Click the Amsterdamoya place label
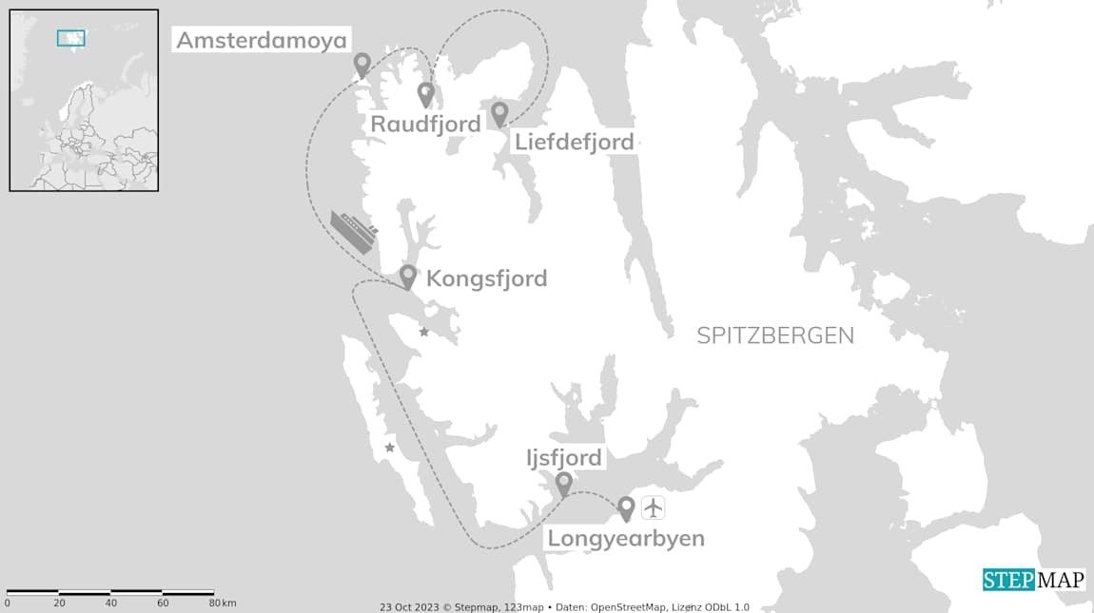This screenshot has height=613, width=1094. point(262,41)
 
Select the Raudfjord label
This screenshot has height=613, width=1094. point(425,125)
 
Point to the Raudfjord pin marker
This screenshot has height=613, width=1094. point(426,93)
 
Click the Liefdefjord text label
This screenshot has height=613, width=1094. point(574,143)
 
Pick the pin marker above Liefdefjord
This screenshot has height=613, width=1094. point(499,113)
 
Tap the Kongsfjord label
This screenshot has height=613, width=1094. point(486,278)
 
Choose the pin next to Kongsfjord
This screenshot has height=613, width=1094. point(408,276)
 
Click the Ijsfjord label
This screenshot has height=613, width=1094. point(564,458)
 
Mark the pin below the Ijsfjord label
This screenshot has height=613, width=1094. point(564,484)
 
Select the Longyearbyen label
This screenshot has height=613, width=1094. point(626,539)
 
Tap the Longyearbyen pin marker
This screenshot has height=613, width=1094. point(626,508)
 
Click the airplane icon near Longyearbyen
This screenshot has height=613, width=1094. point(654,508)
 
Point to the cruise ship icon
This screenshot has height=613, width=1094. point(354,232)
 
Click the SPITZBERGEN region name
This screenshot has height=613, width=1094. point(775,335)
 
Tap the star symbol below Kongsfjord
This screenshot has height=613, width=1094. point(424,332)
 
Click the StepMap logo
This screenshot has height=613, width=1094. point(1033,580)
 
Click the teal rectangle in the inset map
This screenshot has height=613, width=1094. point(70,38)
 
